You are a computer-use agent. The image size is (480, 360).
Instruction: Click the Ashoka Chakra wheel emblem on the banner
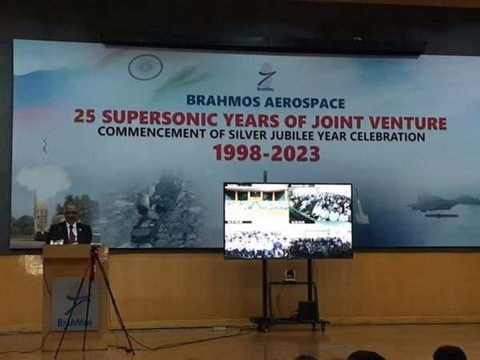145,67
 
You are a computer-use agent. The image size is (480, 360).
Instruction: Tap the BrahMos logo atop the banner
266,77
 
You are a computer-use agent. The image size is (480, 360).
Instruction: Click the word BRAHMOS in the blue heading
222,102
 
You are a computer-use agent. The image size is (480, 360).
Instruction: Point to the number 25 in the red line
85,117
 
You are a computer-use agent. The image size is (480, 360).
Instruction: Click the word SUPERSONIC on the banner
152,118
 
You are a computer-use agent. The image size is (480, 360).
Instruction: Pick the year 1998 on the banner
236,153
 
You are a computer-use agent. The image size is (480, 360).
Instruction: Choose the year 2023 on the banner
295,153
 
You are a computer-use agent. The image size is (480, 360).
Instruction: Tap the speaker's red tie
71,234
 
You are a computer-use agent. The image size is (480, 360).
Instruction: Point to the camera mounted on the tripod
94,250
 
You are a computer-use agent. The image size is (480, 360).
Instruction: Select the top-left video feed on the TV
256,203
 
